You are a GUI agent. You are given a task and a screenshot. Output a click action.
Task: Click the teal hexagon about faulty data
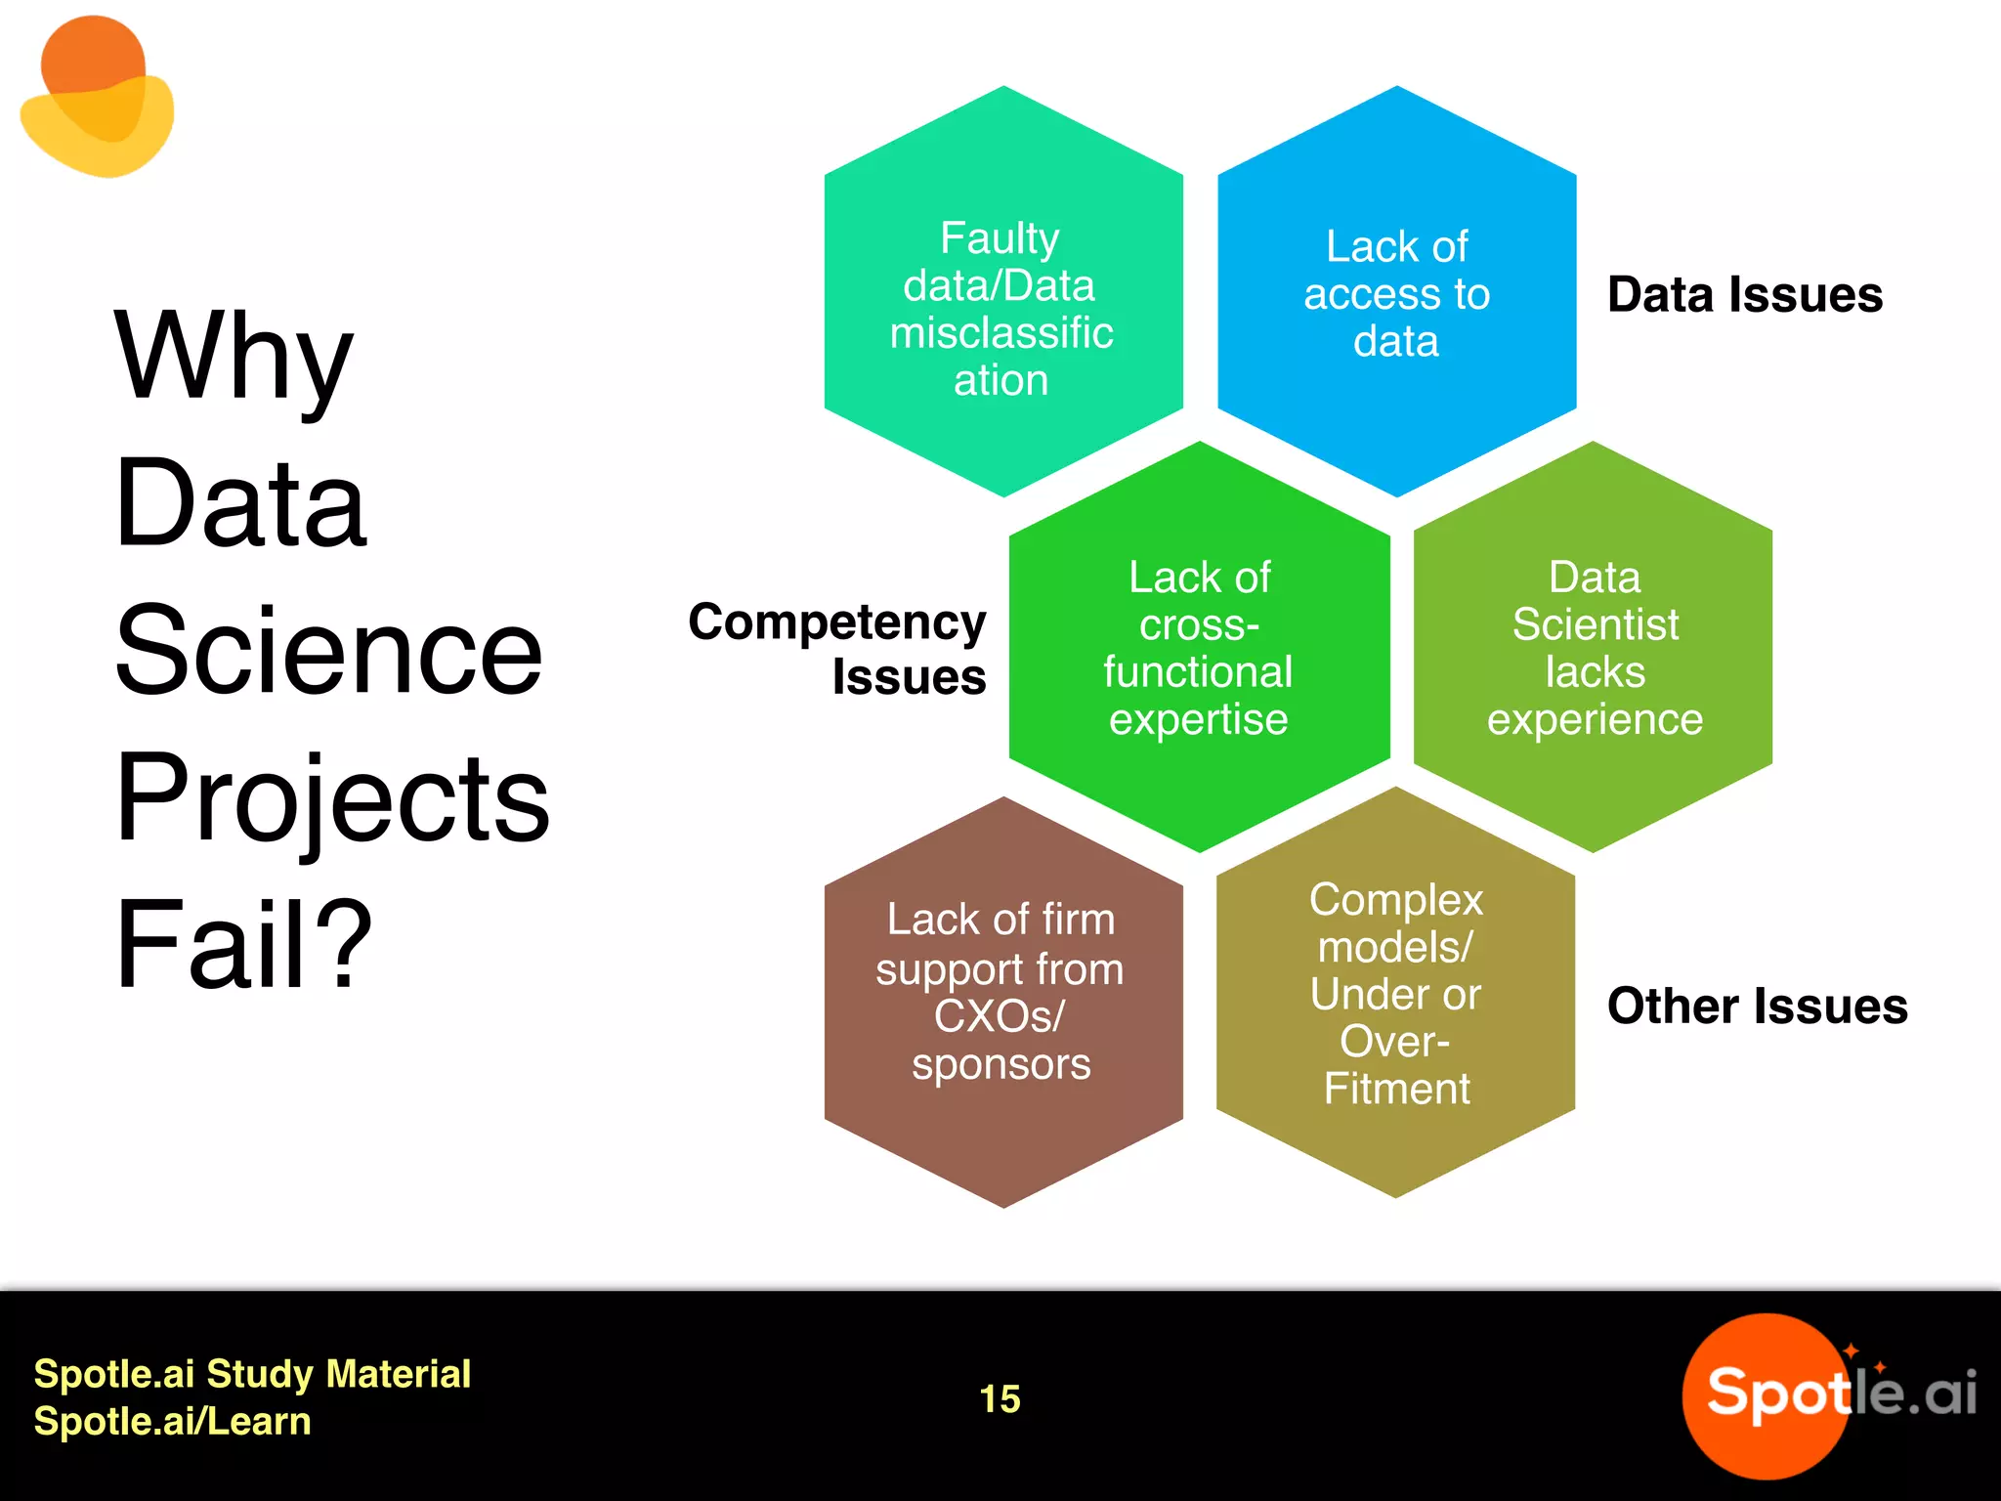(1002, 293)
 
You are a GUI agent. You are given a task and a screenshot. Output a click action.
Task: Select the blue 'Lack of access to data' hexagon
(1396, 293)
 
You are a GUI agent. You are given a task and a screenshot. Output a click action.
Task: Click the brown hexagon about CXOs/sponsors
(1002, 1002)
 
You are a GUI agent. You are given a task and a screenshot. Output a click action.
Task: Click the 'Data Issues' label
(1745, 294)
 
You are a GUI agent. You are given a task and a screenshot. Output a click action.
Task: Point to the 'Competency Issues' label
(837, 648)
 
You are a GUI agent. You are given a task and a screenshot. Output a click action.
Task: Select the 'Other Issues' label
(1757, 1006)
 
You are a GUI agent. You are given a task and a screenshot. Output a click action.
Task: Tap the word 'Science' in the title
(328, 650)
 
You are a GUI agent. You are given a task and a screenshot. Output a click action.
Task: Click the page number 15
(1000, 1398)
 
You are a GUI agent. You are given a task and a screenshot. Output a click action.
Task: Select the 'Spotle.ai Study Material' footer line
(252, 1374)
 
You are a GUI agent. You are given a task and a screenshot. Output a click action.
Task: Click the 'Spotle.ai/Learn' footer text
(172, 1421)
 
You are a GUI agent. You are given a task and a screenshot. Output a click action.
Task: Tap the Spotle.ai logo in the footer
(1827, 1394)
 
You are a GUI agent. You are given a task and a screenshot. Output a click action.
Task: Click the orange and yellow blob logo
(97, 98)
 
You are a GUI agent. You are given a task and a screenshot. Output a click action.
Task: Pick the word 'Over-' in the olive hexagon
(1394, 1042)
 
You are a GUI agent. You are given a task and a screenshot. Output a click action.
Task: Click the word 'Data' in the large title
(239, 504)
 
